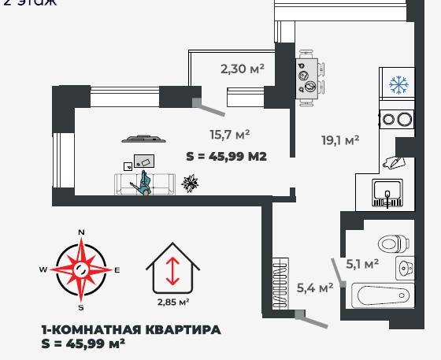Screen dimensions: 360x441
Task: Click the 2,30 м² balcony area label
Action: [x=242, y=69]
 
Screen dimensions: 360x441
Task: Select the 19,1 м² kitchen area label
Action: [x=340, y=139]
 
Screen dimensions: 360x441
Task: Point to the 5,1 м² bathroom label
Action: [x=363, y=264]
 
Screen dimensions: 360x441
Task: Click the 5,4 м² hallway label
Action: [x=314, y=288]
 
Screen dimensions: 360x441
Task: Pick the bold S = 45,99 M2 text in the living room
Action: [x=226, y=156]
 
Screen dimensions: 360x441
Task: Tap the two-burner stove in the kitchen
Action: [x=396, y=121]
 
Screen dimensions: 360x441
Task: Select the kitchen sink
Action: [x=387, y=192]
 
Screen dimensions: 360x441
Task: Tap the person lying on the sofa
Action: [x=144, y=184]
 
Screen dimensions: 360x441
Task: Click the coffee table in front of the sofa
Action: [x=142, y=161]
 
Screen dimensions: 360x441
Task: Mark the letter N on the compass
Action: [x=80, y=233]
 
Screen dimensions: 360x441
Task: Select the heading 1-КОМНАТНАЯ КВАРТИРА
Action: [x=130, y=329]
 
